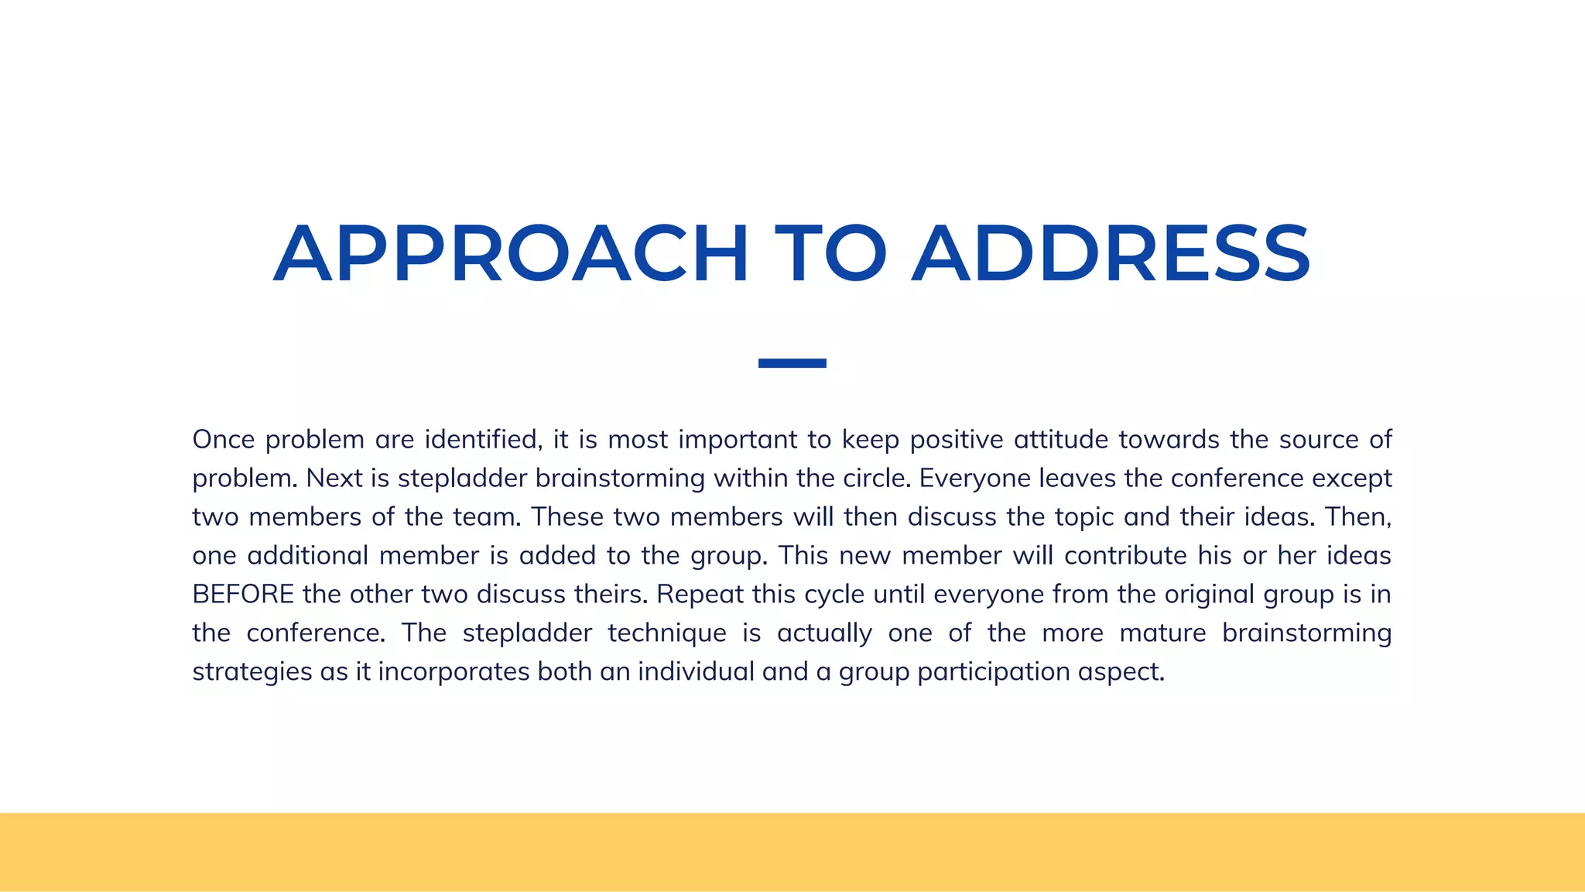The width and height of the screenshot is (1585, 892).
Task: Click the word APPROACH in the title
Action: point(511,254)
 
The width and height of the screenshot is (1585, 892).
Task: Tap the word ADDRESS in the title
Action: point(1111,254)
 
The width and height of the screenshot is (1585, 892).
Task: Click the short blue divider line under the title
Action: point(792,363)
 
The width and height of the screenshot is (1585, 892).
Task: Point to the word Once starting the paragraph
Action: point(224,439)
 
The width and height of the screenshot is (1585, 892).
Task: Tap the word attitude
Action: point(1061,439)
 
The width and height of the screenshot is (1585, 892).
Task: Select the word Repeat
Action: point(700,595)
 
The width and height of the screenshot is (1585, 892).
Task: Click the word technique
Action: point(667,633)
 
